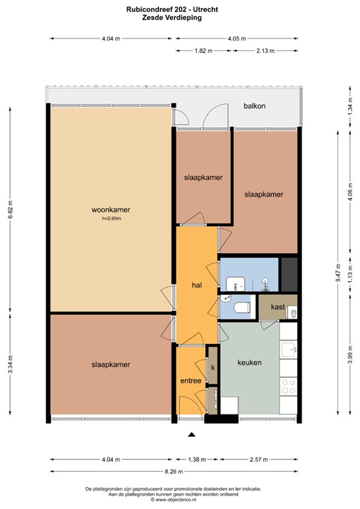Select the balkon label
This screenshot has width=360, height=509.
tap(255, 106)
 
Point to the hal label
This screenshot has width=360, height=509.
tap(196, 285)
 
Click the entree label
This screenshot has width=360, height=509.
tap(190, 380)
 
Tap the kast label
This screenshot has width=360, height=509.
tap(278, 308)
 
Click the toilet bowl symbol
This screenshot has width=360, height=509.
tap(241, 306)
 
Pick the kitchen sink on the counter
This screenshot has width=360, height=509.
tap(288, 350)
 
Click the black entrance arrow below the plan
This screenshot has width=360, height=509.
tap(192, 435)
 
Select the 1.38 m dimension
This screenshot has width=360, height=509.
tap(197, 459)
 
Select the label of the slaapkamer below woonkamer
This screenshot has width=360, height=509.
tap(111, 365)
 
